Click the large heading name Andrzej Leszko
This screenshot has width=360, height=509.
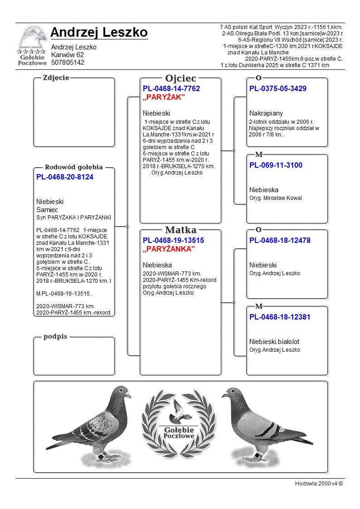coord(99,33)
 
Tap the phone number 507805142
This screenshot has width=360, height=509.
coord(68,63)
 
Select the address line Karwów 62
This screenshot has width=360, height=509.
coord(67,55)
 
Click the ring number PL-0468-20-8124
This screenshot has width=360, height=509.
coord(65,177)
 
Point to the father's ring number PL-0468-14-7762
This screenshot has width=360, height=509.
coord(171,89)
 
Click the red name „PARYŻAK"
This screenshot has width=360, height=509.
coord(164,97)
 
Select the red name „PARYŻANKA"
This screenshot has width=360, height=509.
coord(169,249)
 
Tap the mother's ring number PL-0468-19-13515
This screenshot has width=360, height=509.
coord(173,241)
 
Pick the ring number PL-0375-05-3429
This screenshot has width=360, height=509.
coord(278,89)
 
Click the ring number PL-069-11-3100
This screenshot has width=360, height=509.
coord(276,165)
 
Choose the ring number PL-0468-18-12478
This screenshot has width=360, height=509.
coord(280,241)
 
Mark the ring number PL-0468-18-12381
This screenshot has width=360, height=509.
coord(280,317)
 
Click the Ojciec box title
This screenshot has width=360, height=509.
coord(180,78)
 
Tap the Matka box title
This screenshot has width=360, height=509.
coord(180,230)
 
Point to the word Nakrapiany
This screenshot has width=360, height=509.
coord(266,113)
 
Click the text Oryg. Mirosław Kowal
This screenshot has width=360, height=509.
coord(275,198)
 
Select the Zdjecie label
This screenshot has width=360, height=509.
coord(56,78)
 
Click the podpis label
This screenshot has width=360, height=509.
coord(55,336)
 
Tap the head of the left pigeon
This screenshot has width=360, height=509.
coord(121,392)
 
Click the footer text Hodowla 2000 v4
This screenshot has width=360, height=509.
coord(319,484)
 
